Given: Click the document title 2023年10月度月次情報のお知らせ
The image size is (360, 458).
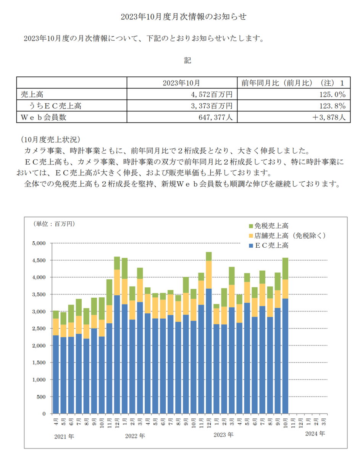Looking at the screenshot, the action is click(183, 17).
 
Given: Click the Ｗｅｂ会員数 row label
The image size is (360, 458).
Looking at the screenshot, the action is click(44, 117).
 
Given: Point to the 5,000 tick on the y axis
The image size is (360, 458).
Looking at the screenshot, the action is click(39, 243).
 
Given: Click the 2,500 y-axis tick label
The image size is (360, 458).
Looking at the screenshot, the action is click(39, 328).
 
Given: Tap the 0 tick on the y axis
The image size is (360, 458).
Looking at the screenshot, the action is click(44, 414).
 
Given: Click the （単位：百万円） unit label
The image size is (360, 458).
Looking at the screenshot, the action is click(54, 224).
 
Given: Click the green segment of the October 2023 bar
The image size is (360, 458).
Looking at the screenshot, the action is click(285, 269).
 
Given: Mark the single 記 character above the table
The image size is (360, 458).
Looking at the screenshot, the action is click(187, 60).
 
